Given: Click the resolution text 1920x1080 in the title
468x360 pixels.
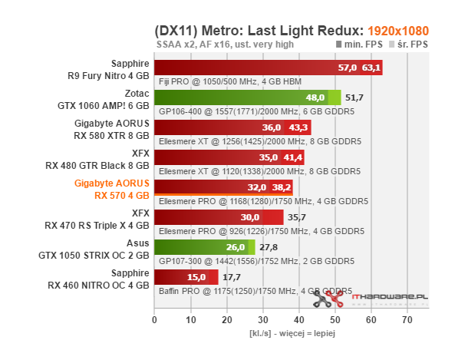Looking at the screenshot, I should point(397,31).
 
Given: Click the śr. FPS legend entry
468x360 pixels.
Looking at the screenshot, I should point(408,45).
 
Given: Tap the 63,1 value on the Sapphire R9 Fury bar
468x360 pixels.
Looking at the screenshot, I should point(371,68).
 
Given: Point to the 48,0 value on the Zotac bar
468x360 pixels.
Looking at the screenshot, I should point(315,98).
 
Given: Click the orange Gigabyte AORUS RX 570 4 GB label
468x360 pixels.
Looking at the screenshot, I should point(112,189).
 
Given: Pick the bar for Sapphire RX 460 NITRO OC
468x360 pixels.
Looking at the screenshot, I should point(186,277).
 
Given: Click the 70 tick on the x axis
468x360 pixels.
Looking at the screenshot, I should point(407,319).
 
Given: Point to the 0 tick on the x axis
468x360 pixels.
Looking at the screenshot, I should point(155,319).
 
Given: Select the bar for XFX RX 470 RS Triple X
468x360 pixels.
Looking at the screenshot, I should point(219,217).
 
